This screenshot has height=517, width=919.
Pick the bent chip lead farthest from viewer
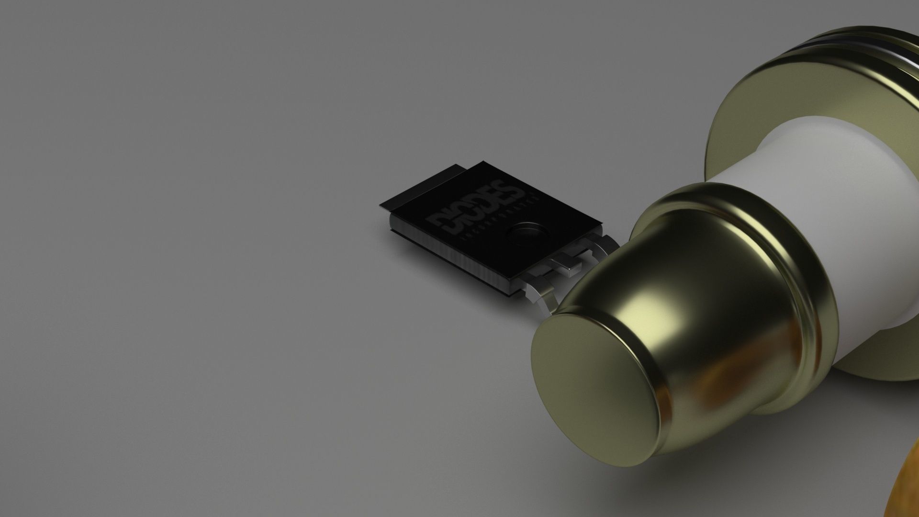click(600, 246)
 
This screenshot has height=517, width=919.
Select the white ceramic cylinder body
click(814, 230)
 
